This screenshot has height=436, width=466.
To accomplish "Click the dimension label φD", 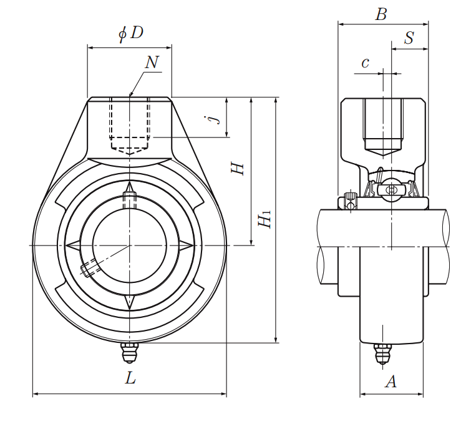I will click(x=131, y=34).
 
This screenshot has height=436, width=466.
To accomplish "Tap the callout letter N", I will click(x=152, y=62).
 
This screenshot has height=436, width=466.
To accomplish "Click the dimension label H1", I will click(x=266, y=219).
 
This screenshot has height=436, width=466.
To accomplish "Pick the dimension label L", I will click(x=130, y=378).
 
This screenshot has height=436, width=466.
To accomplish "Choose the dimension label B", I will click(x=381, y=14).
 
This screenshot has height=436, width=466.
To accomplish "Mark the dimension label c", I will click(x=366, y=62).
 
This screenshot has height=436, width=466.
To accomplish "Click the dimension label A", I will click(x=391, y=381).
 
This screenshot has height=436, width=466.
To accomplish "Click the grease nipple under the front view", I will click(x=129, y=352).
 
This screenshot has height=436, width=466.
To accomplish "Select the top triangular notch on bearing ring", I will click(x=130, y=188).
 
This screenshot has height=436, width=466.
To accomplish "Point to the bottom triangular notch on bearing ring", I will click(x=130, y=302).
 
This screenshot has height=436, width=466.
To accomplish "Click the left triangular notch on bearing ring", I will click(x=72, y=245).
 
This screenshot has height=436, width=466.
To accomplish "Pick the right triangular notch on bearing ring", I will click(x=187, y=245).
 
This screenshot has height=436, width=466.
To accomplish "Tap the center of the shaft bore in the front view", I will click(x=130, y=245).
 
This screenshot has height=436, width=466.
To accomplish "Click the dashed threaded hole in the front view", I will click(x=130, y=125).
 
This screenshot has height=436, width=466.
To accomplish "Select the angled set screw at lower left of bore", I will click(x=89, y=268).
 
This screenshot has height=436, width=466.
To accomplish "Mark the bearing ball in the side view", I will click(x=391, y=189).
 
